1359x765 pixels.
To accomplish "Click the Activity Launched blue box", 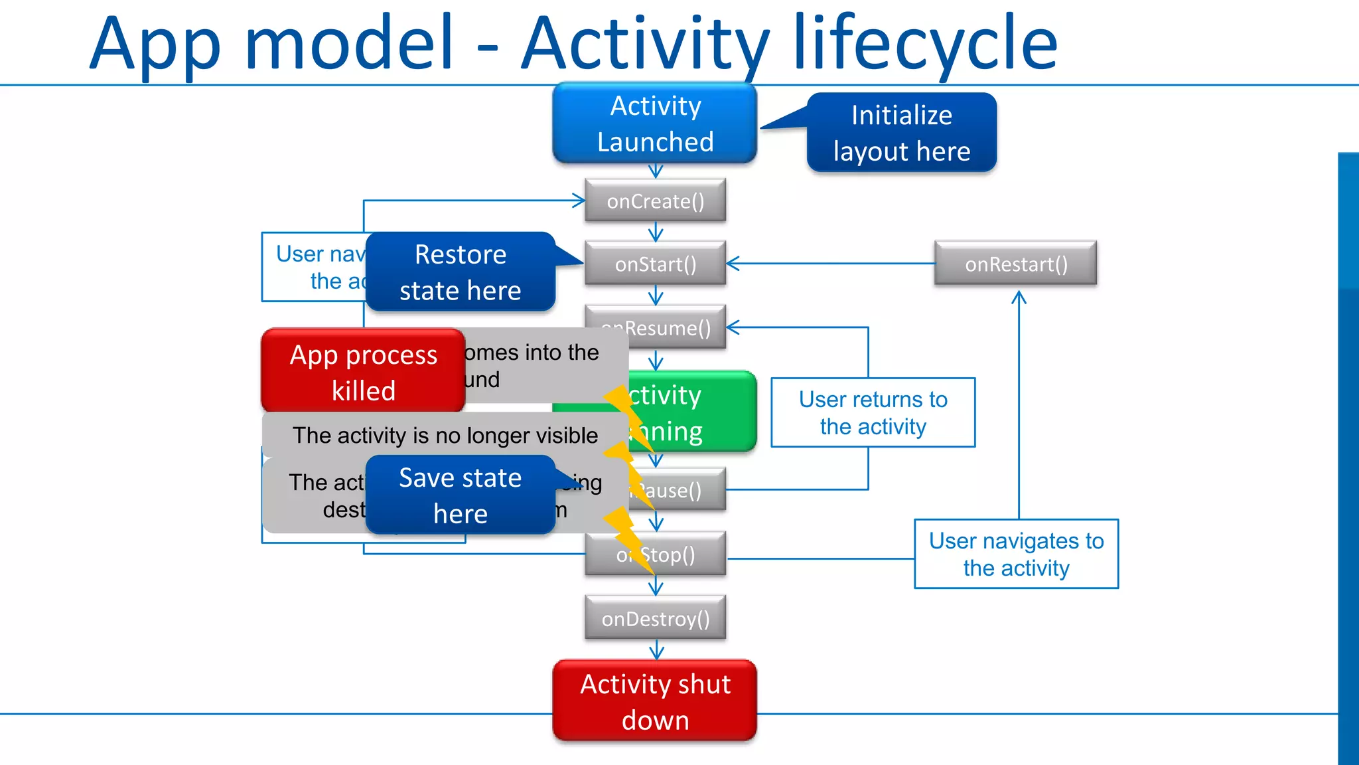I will click(655, 124).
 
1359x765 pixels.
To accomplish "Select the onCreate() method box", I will click(655, 201).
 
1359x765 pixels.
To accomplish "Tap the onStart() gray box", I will click(655, 264).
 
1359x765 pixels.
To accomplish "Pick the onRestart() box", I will click(1015, 264).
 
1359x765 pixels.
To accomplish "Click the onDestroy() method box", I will click(655, 618).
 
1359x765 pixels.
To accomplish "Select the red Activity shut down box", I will click(655, 701).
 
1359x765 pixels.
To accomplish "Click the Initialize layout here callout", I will click(901, 133).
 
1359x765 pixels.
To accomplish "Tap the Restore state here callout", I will click(460, 272).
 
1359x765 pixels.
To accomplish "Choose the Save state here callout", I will click(460, 495).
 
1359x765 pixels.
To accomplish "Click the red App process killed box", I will click(363, 372).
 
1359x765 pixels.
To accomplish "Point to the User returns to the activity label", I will click(873, 412).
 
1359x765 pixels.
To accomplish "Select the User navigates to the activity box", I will click(1016, 554).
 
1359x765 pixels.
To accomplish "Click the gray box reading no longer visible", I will click(445, 435).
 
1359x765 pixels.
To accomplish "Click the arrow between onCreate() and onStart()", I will click(656, 232).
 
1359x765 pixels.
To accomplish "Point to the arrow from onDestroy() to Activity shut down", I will click(656, 649).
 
